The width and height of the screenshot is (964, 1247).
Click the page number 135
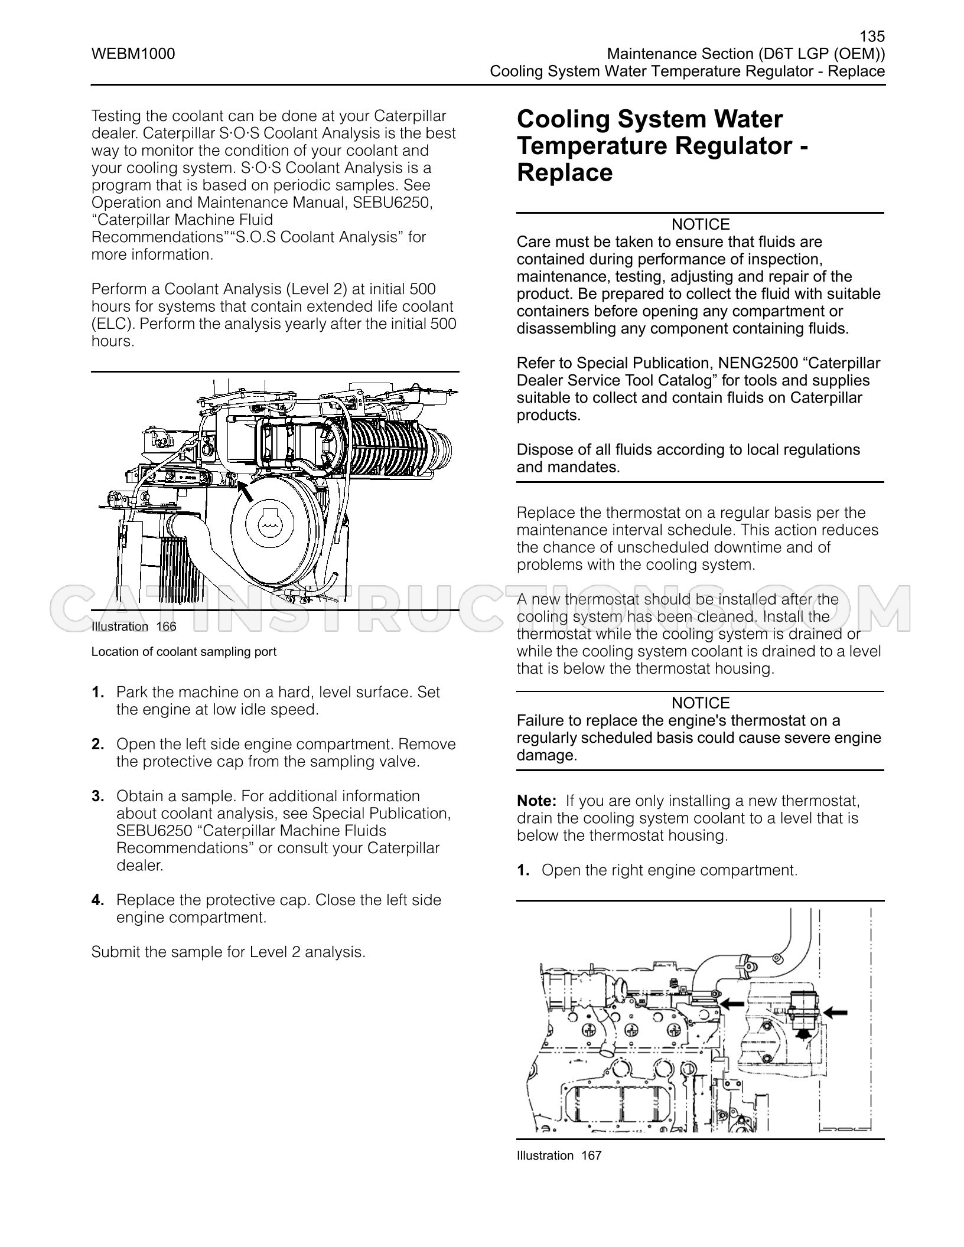click(x=872, y=37)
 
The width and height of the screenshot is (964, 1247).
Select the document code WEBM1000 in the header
click(x=133, y=54)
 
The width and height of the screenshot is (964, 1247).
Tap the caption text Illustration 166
click(x=134, y=626)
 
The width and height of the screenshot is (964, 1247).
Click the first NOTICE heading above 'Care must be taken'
click(x=701, y=224)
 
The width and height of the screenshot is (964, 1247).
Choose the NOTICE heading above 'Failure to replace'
click(x=701, y=703)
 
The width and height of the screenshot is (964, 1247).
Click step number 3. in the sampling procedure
click(x=98, y=796)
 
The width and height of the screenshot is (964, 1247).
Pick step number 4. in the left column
click(x=98, y=900)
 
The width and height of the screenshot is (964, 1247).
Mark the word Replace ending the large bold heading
click(x=565, y=173)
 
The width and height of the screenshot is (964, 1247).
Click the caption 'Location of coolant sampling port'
click(x=184, y=652)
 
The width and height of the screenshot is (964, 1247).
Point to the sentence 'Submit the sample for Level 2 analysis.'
click(x=229, y=952)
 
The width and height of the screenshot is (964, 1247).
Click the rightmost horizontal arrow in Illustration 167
click(x=835, y=1012)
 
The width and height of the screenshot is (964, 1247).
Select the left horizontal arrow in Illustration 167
click(x=732, y=1002)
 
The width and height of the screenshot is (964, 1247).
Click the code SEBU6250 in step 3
click(x=154, y=831)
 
